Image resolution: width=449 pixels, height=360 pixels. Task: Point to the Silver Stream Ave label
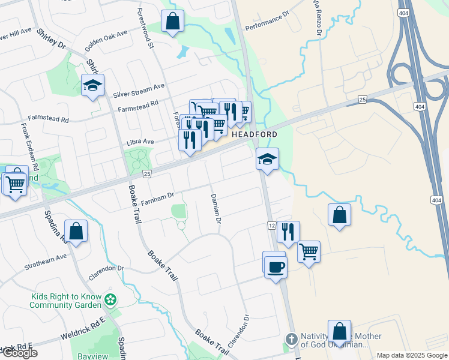139,90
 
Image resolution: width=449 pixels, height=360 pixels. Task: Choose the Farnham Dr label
157,196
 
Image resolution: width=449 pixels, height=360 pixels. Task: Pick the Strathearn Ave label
45,261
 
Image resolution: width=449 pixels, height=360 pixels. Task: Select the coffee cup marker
276,266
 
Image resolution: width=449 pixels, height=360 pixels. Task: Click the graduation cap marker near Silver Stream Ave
93,86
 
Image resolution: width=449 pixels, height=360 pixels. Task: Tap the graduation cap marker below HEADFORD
267,159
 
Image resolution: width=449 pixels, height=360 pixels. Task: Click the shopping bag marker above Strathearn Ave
76,231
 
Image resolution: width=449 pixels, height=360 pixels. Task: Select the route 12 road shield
271,225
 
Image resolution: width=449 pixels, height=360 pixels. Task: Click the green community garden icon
110,299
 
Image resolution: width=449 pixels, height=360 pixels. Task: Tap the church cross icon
291,340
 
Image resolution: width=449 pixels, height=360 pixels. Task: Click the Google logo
19,353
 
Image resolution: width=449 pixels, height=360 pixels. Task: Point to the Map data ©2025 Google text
412,355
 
